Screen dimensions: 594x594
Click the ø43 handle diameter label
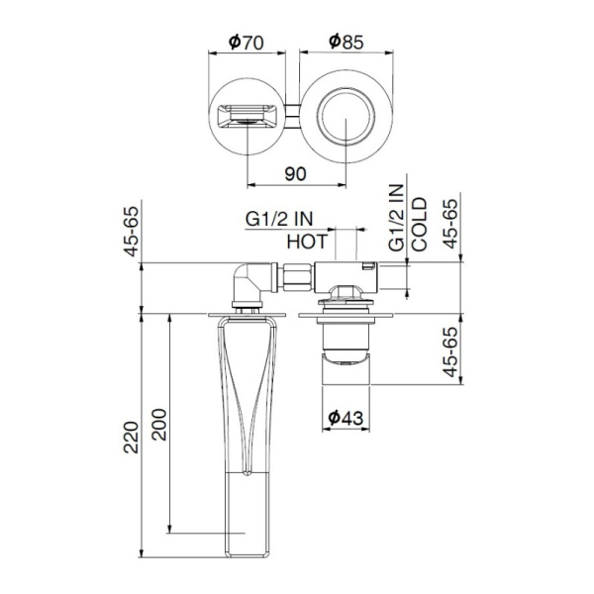coord(345,418)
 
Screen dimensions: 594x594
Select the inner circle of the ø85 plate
coord(345,116)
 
